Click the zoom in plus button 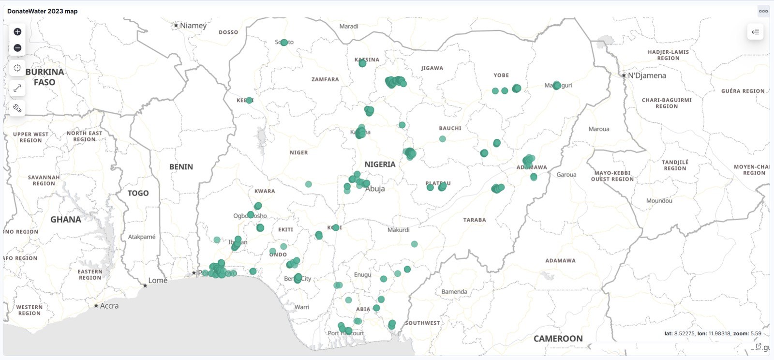[17, 32]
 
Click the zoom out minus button [17, 48]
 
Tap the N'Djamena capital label [647, 75]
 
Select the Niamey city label [193, 26]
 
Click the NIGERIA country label [380, 165]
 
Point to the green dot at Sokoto [284, 43]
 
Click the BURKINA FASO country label [45, 77]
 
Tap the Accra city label [109, 306]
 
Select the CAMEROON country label [558, 339]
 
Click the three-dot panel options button [763, 11]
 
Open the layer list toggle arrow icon [755, 32]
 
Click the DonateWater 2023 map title [43, 11]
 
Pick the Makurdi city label [398, 230]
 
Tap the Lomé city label [158, 281]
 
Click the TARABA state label [475, 220]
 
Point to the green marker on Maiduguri [556, 85]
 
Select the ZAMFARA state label [325, 79]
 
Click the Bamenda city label [454, 292]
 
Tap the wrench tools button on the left [17, 108]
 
